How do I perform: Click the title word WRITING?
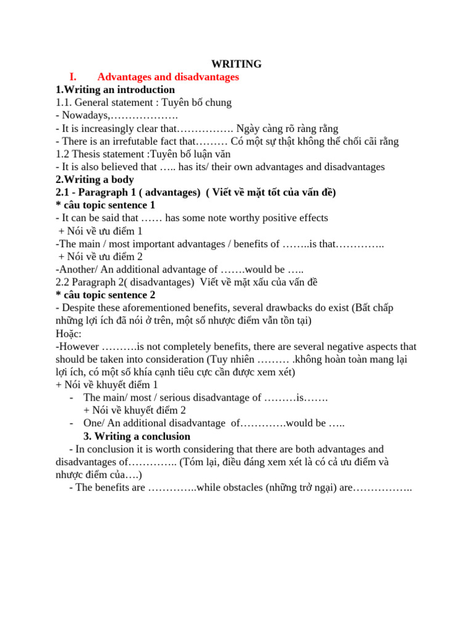pyautogui.click(x=236, y=64)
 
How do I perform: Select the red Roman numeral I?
pyautogui.click(x=73, y=77)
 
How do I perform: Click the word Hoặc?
pyautogui.click(x=68, y=333)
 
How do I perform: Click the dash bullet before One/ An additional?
pyautogui.click(x=73, y=423)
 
